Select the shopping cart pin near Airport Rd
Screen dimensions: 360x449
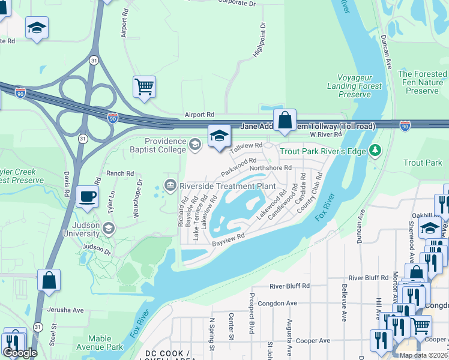coord(144,87)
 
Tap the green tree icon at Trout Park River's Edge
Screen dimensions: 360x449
coord(375,149)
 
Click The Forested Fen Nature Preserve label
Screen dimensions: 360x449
coord(422,82)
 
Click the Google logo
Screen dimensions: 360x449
coord(19,353)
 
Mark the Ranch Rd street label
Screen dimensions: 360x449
coord(120,173)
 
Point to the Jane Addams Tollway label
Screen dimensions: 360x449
coord(308,127)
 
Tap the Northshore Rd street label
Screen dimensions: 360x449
coord(270,169)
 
